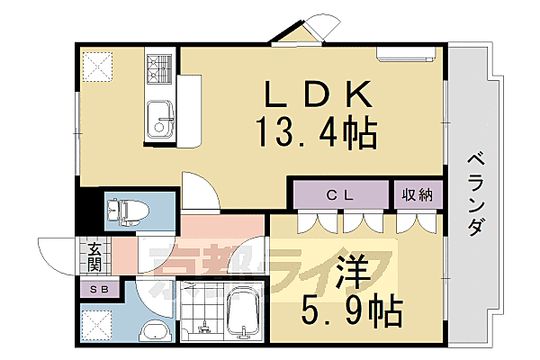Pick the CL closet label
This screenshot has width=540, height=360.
point(338,193)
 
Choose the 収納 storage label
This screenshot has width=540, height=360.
point(415,193)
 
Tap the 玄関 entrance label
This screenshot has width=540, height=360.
point(93,256)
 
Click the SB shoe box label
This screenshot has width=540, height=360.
point(96,289)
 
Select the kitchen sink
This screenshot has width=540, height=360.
point(160,118)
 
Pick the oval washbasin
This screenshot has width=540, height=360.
point(156,330)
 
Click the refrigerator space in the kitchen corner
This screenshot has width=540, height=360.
point(96,65)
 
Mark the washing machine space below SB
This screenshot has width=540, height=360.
point(96,322)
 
